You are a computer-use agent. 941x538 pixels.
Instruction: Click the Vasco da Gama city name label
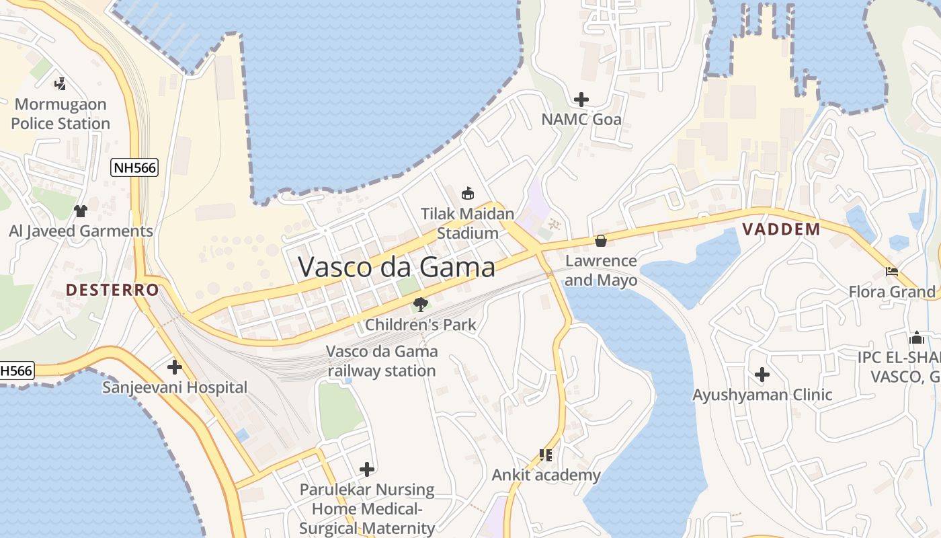point(397,267)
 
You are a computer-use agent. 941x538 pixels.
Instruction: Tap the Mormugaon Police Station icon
point(60,83)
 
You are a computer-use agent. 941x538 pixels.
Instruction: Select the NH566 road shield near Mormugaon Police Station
point(134,167)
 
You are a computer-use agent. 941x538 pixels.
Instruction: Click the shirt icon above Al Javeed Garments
point(81,211)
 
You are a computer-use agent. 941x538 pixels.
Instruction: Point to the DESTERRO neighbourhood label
point(112,291)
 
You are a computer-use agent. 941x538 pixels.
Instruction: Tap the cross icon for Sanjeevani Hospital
point(175,367)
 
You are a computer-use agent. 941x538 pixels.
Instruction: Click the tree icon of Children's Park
point(421,305)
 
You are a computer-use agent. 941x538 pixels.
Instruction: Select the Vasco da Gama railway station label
point(381,361)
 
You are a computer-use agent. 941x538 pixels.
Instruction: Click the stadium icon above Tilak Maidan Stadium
point(468,194)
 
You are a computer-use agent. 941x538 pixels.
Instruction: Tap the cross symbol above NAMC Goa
point(581,100)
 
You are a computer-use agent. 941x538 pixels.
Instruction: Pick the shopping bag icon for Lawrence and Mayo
point(601,240)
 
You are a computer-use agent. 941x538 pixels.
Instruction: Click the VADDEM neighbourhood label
point(781,229)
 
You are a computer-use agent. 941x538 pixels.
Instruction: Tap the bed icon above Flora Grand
point(892,272)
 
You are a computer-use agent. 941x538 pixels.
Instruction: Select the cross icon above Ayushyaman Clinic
point(762,374)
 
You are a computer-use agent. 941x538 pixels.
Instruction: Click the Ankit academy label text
point(546,475)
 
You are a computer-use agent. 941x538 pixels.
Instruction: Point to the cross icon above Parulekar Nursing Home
point(367,469)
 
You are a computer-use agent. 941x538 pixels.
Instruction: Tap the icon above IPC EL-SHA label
point(916,338)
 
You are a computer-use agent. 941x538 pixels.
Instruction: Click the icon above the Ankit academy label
point(546,455)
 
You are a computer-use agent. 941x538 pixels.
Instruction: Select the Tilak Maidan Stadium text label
point(468,223)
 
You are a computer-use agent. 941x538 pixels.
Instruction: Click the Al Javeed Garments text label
point(81,231)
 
